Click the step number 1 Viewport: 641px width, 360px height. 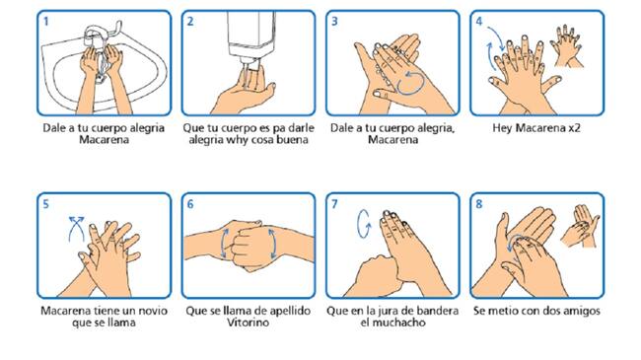[x=46, y=22]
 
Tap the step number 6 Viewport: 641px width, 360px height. [x=190, y=204]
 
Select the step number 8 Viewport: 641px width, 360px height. [x=478, y=204]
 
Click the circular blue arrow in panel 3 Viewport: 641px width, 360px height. [x=411, y=83]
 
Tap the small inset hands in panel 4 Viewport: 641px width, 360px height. [x=567, y=45]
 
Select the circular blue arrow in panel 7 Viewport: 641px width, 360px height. [x=364, y=224]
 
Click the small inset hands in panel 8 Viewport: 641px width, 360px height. [x=581, y=226]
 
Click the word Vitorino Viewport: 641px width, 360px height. [x=249, y=323]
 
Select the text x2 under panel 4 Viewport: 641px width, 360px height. [x=574, y=128]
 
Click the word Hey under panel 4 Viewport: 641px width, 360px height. [x=502, y=128]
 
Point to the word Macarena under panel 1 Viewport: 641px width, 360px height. [x=104, y=140]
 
